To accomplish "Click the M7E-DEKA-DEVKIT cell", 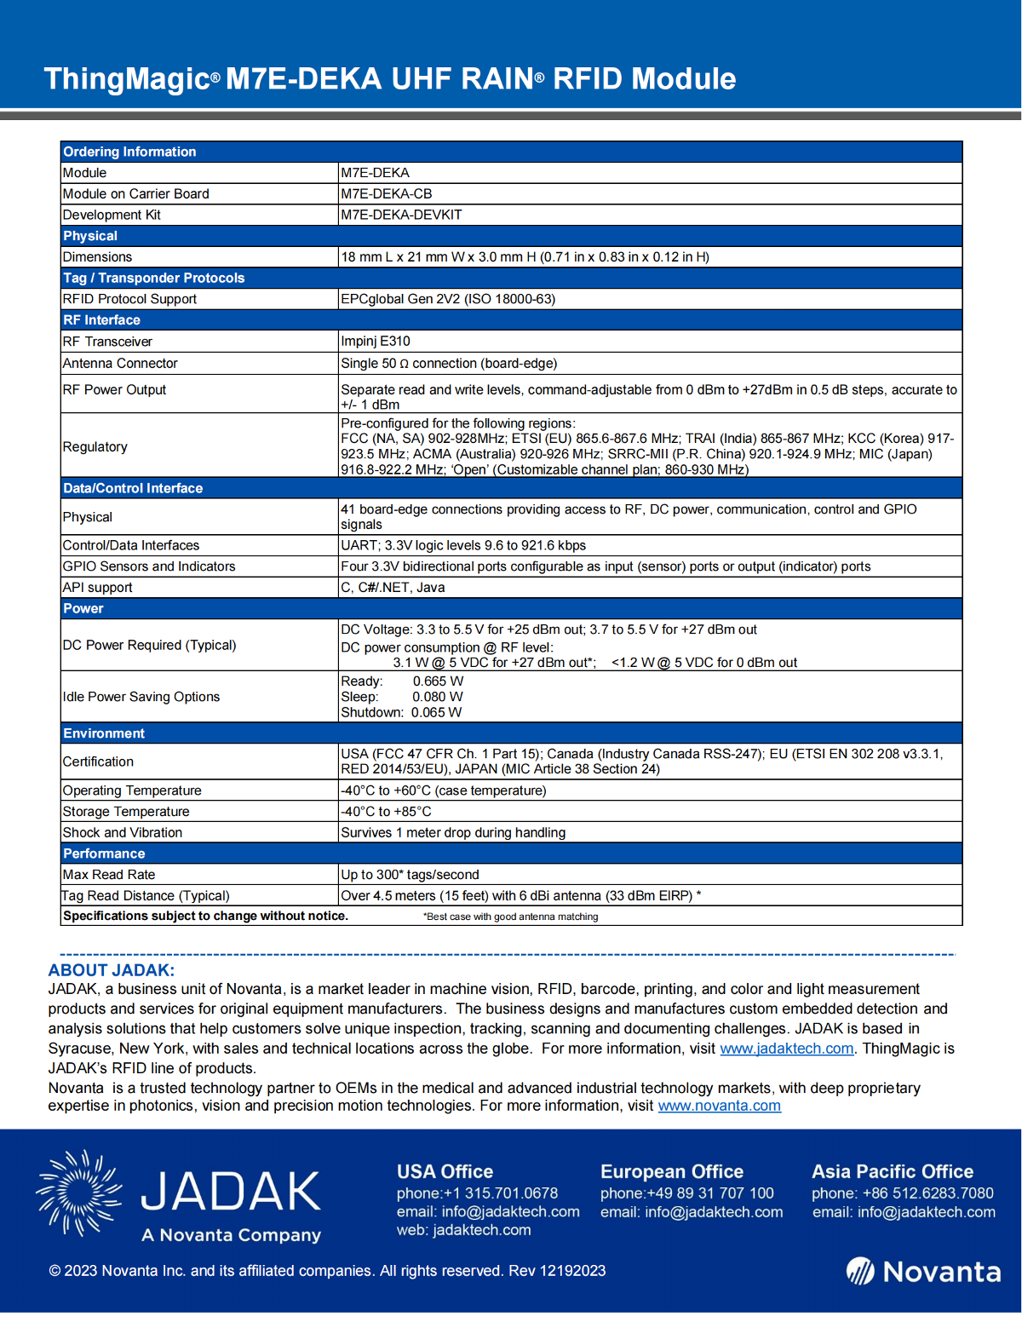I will click(x=401, y=215).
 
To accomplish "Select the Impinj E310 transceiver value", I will click(x=376, y=342).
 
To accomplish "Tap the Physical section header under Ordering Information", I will click(x=90, y=236).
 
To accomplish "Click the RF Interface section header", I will click(x=101, y=320).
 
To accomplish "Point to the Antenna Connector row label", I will click(x=120, y=364).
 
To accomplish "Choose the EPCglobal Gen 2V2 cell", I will click(x=448, y=299).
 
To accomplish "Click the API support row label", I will click(x=98, y=588).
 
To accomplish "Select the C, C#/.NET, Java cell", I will click(x=393, y=588).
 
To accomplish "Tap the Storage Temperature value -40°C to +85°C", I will click(x=386, y=812).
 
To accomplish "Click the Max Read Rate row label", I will click(x=109, y=875).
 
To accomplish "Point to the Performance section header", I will click(x=104, y=854).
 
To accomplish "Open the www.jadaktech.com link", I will click(x=786, y=1049).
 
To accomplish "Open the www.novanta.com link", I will click(x=719, y=1106).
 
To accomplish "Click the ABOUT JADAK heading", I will click(x=111, y=970).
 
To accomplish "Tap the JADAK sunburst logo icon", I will click(x=78, y=1193).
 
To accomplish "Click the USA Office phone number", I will click(x=477, y=1193).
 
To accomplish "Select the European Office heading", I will click(x=671, y=1172).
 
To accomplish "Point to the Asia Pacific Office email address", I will click(x=904, y=1212).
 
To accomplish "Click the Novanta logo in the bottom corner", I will click(x=923, y=1272).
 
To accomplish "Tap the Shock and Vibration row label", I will click(x=123, y=833).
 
